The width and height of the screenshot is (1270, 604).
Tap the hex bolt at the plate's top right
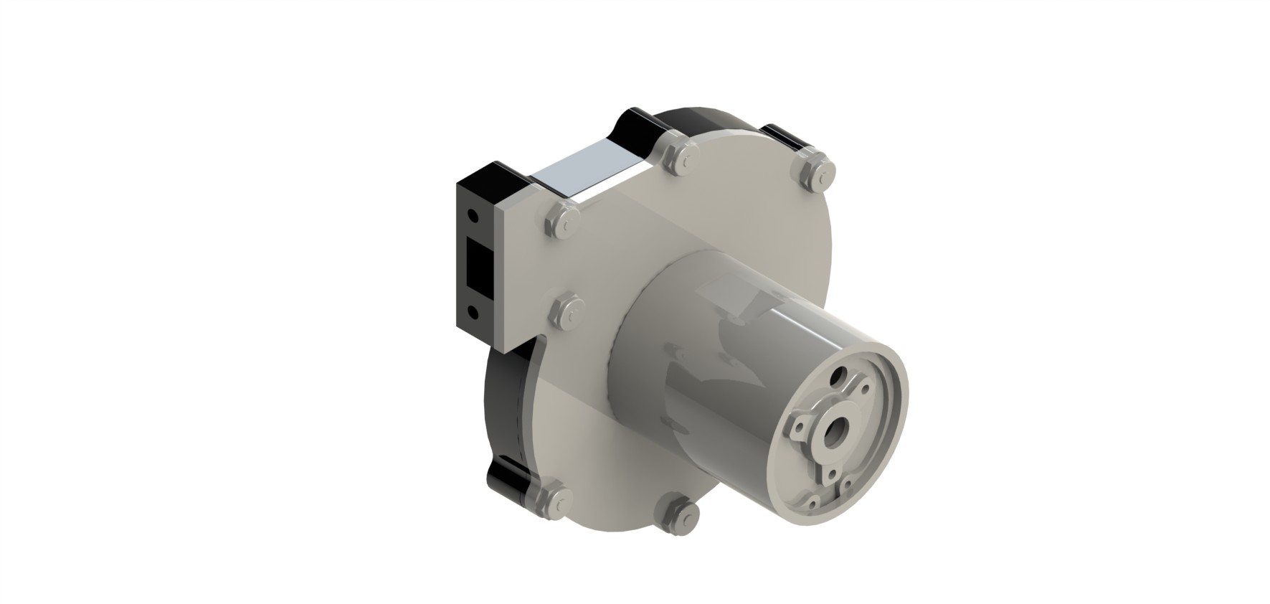815,170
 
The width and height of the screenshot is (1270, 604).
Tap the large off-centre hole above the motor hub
838,377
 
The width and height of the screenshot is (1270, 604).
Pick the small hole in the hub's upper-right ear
866,389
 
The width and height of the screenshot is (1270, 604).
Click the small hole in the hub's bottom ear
832,473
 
